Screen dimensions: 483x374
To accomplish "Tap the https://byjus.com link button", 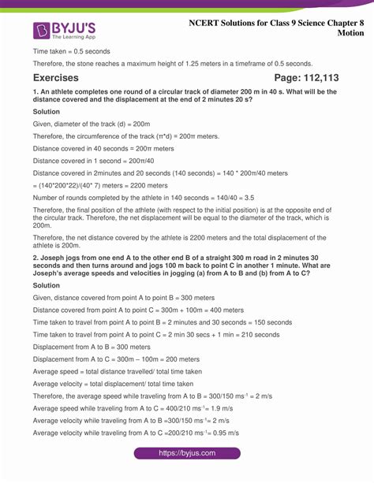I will pyautogui.click(x=187, y=453).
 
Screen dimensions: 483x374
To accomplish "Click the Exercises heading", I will pyautogui.click(x=56, y=77).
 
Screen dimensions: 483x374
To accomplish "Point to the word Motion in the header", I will pyautogui.click(x=351, y=34).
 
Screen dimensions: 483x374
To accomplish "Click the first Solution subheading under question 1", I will pyautogui.click(x=46, y=112).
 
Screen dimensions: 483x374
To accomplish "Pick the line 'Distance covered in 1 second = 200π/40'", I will pyautogui.click(x=99, y=160).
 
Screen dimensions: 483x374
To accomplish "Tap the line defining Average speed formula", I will pyautogui.click(x=118, y=371).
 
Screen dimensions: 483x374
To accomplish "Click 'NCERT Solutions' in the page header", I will pyautogui.click(x=229, y=23).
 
